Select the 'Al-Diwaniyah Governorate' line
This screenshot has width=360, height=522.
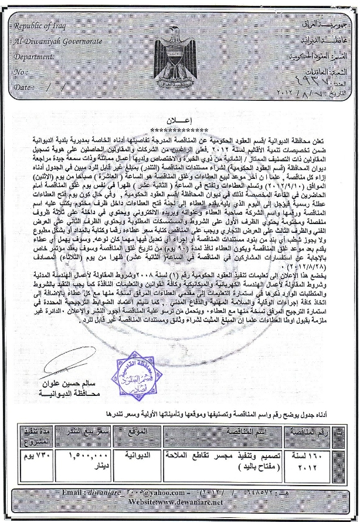pos(56,42)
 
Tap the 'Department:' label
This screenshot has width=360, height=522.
pos(36,57)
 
